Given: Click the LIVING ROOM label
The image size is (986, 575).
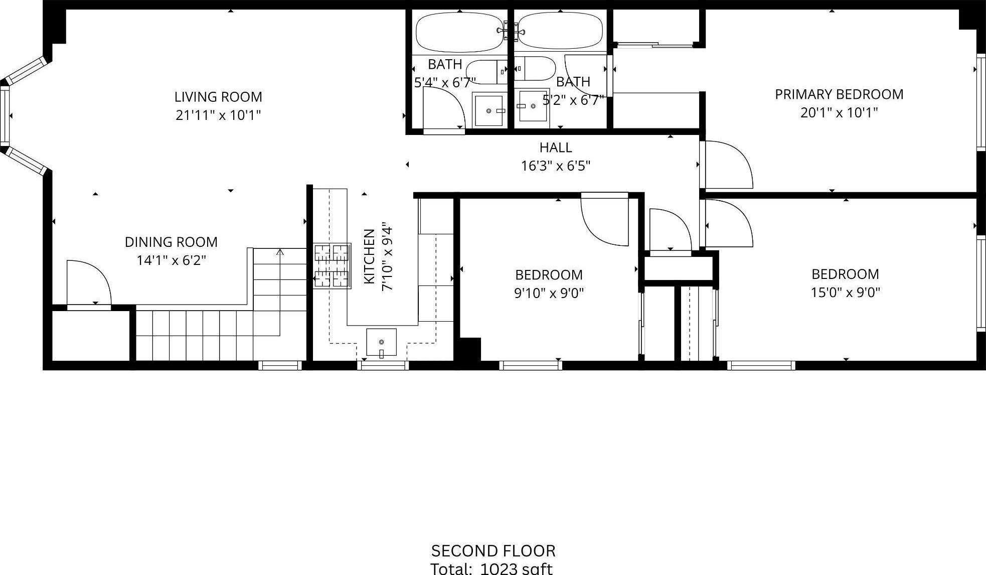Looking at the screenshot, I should [218, 97].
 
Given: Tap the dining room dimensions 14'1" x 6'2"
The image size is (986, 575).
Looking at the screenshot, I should [171, 260].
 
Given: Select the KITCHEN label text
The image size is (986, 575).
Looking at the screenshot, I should [369, 256].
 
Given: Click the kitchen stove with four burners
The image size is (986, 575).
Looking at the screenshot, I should [332, 266].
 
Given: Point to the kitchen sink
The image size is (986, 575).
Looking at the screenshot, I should [381, 343].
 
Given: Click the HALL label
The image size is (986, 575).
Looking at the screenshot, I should [556, 148].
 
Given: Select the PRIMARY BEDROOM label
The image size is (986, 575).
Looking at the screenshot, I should [839, 94].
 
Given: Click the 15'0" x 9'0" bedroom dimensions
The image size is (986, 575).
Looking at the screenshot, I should [846, 292].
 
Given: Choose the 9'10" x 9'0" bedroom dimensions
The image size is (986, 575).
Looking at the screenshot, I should [549, 293].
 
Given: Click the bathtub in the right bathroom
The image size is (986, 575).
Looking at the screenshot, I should [560, 31].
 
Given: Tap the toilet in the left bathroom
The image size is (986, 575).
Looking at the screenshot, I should [486, 72].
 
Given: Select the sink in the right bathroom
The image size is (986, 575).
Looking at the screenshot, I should [534, 106].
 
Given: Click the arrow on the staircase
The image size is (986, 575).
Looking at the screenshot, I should [280, 252].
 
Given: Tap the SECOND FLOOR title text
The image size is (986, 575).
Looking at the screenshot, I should [493, 551].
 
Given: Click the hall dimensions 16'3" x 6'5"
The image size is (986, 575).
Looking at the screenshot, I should [556, 166].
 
